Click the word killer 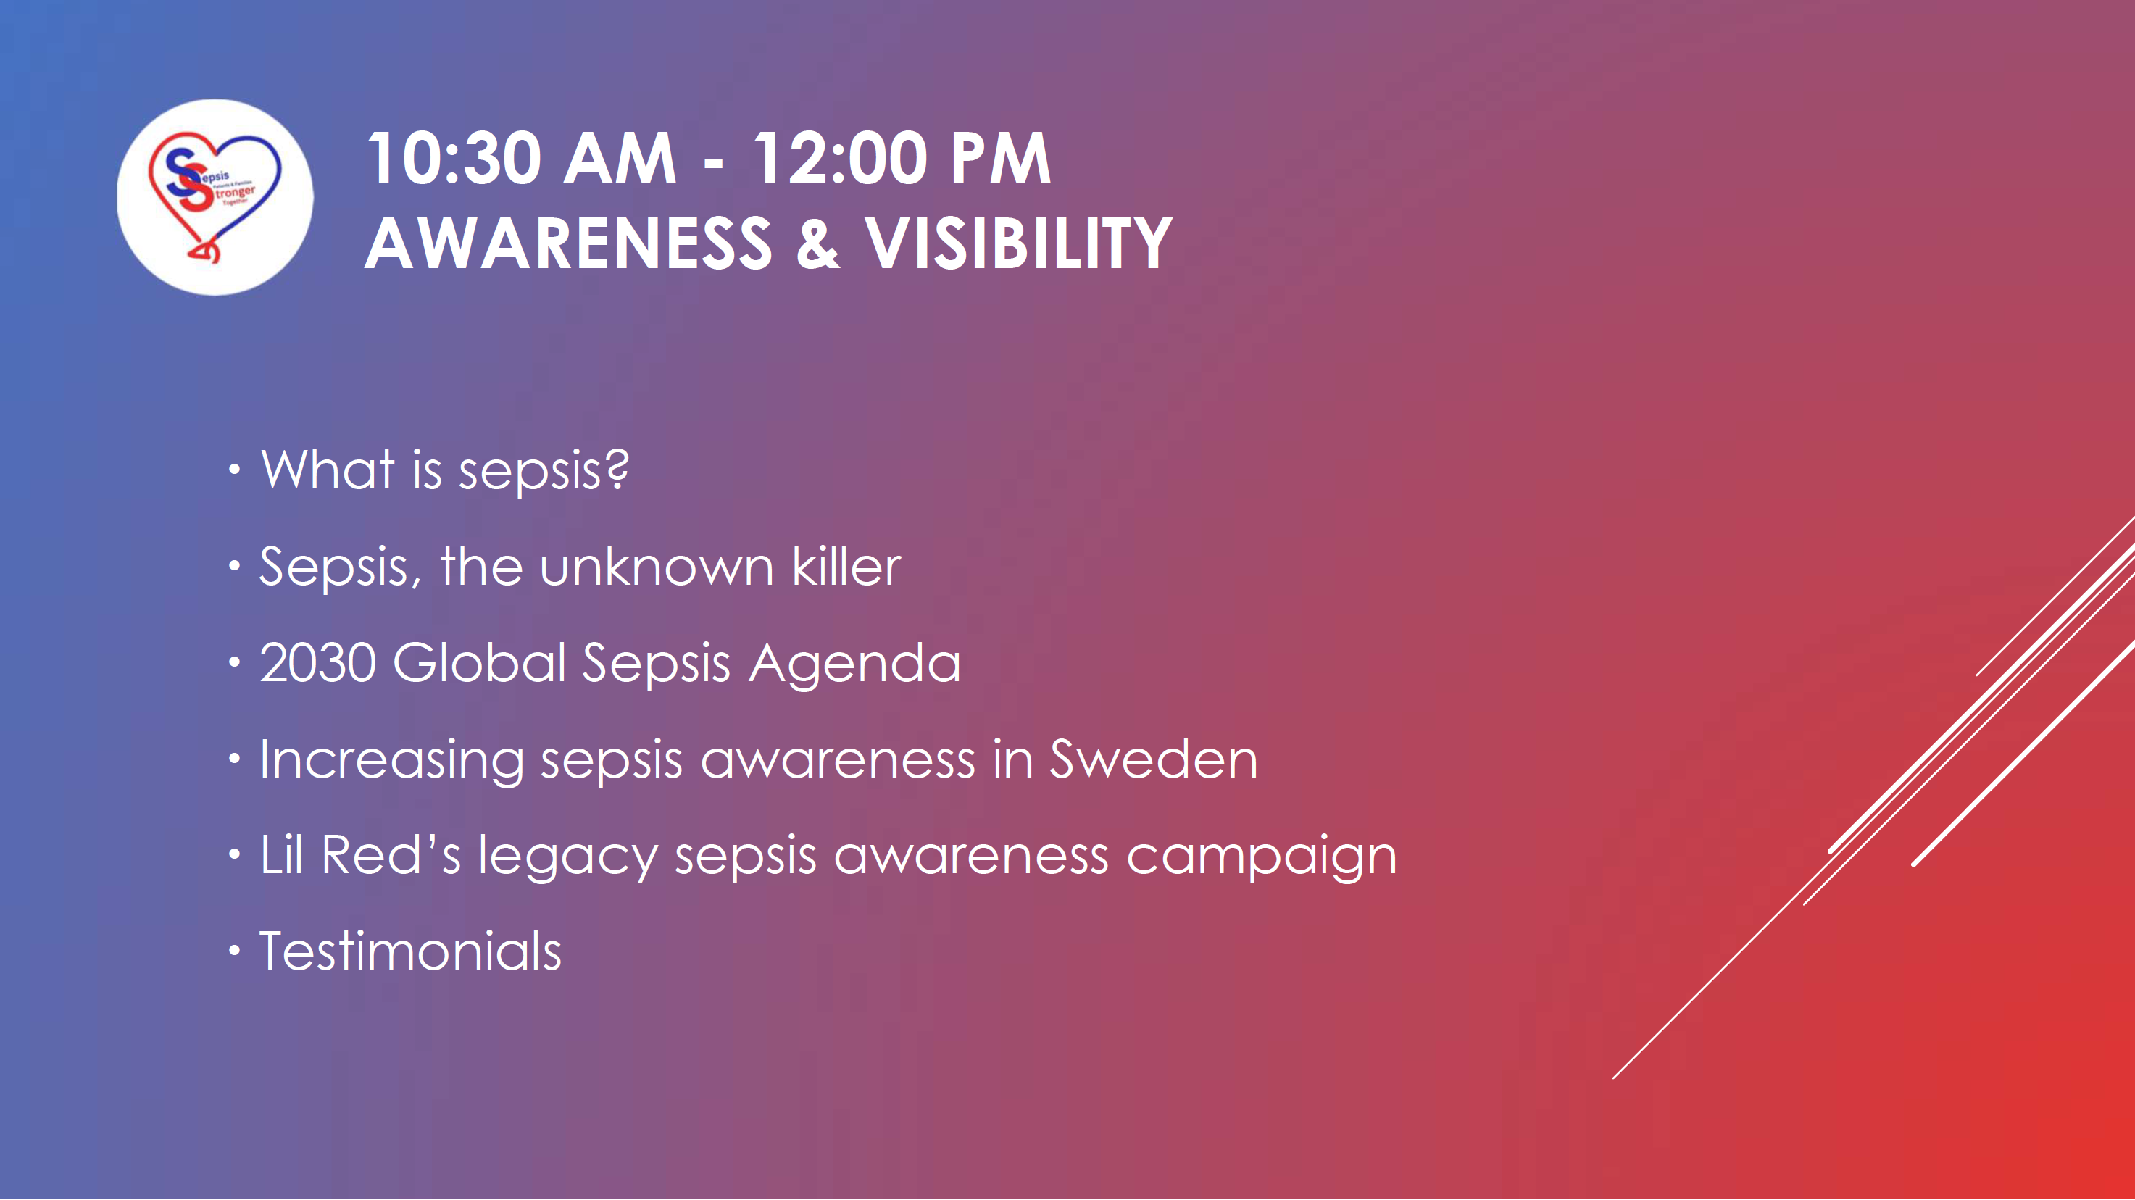point(846,566)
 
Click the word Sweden point(1154,759)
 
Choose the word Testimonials point(411,951)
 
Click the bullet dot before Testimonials point(235,951)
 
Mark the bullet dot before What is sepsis point(235,470)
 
